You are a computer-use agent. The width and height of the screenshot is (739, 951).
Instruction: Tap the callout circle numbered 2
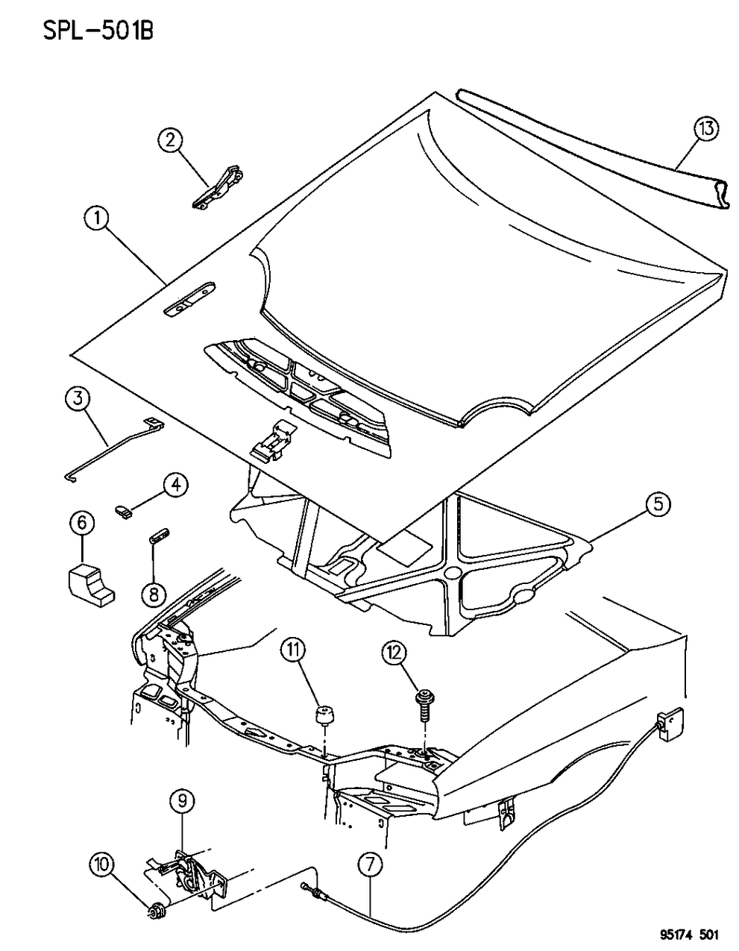pyautogui.click(x=170, y=140)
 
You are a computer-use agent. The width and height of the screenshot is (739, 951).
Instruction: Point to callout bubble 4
pyautogui.click(x=174, y=486)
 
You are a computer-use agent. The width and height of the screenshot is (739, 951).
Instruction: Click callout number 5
pyautogui.click(x=657, y=506)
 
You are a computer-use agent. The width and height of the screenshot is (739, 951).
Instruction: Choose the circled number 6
pyautogui.click(x=82, y=523)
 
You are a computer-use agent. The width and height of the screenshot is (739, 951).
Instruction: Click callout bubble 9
pyautogui.click(x=184, y=803)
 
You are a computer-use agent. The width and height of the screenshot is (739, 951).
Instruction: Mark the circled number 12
pyautogui.click(x=394, y=654)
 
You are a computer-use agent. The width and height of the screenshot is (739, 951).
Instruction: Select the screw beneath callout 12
pyautogui.click(x=424, y=705)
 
